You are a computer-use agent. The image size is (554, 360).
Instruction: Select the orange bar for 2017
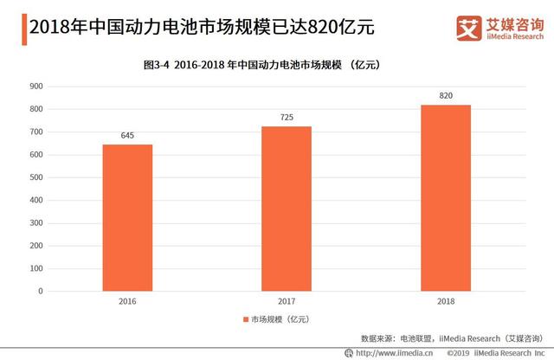click(x=287, y=209)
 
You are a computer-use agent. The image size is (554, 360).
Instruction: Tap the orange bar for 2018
click(x=446, y=197)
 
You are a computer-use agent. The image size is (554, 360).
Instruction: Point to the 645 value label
click(x=127, y=135)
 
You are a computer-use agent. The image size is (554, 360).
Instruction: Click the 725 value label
click(x=287, y=117)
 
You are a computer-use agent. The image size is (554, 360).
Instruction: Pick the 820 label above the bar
click(x=446, y=95)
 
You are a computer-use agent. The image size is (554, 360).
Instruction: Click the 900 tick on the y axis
click(x=35, y=87)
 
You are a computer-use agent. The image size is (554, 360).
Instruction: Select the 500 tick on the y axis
click(x=35, y=177)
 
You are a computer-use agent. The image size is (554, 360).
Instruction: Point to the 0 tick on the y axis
click(x=40, y=292)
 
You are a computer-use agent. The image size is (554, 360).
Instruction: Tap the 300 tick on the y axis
click(x=35, y=223)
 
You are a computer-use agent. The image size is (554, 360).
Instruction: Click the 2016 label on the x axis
click(x=127, y=302)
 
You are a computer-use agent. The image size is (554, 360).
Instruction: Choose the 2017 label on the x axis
click(x=287, y=302)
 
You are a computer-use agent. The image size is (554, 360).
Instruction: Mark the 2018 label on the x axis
click(x=446, y=302)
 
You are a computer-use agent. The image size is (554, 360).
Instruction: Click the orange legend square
click(x=246, y=320)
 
